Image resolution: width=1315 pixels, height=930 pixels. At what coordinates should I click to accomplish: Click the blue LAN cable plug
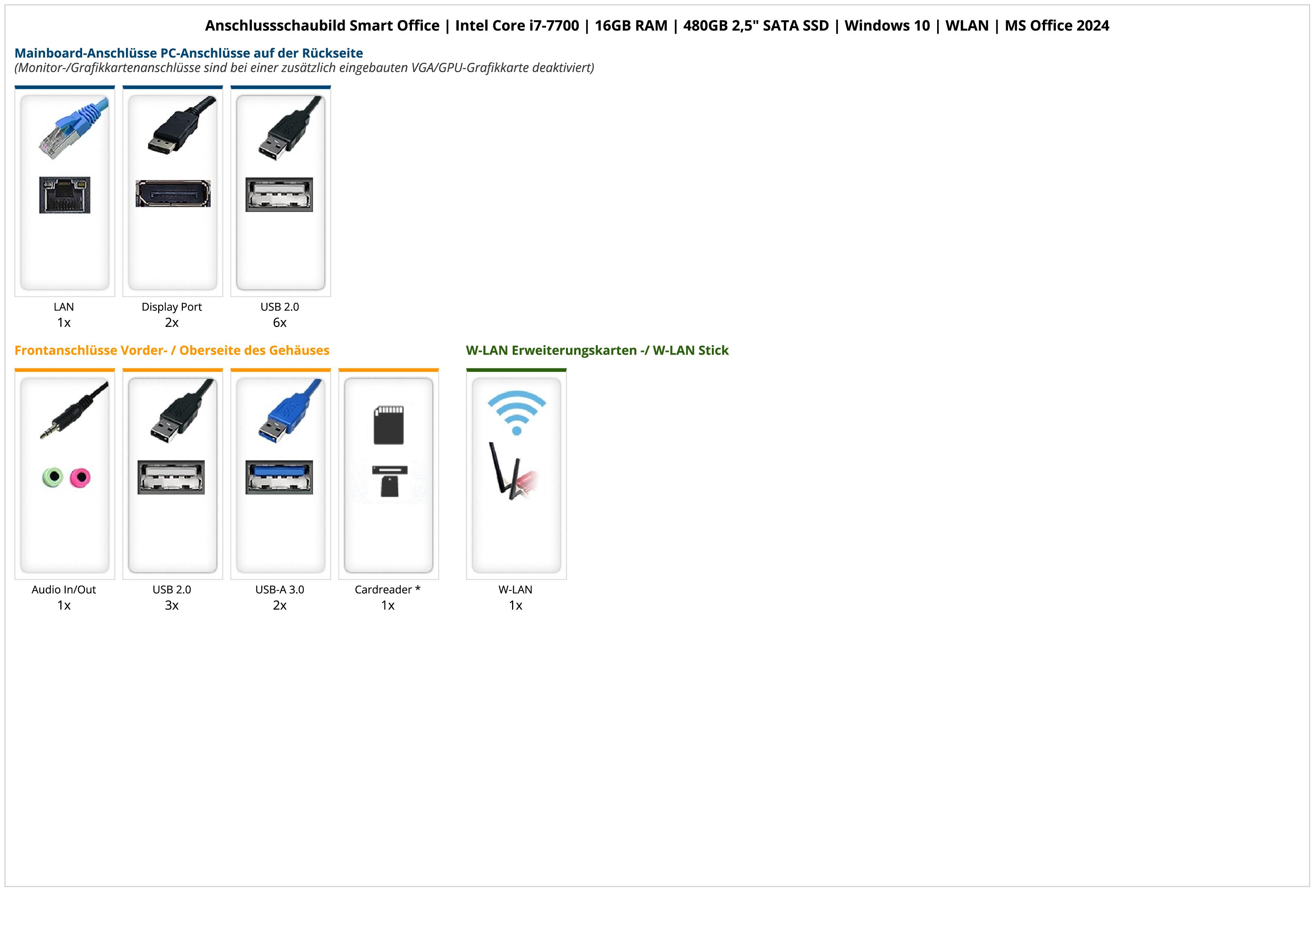click(x=73, y=127)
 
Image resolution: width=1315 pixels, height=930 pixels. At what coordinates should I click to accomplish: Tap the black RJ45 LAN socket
click(x=65, y=195)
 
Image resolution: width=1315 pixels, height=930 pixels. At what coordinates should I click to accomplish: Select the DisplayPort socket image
click(x=173, y=194)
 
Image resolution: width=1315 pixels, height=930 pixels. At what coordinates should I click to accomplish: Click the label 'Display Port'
click(x=172, y=306)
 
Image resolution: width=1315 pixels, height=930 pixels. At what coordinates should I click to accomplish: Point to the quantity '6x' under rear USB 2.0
click(x=280, y=323)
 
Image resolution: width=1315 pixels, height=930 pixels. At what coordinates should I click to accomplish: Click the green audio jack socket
click(x=53, y=477)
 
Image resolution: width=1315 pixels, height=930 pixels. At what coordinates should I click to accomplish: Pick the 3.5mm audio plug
click(x=73, y=410)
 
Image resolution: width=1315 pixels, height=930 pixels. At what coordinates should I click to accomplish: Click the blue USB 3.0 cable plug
click(x=289, y=412)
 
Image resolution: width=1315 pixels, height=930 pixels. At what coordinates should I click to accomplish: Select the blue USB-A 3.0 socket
click(x=280, y=477)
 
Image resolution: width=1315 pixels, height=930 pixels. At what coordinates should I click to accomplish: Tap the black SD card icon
click(x=389, y=425)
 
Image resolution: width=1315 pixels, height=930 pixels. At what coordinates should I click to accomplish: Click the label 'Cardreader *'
click(x=388, y=590)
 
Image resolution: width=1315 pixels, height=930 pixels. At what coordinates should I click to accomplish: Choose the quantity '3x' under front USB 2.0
click(x=172, y=605)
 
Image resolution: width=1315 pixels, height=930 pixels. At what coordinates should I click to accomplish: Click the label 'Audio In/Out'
click(x=64, y=590)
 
